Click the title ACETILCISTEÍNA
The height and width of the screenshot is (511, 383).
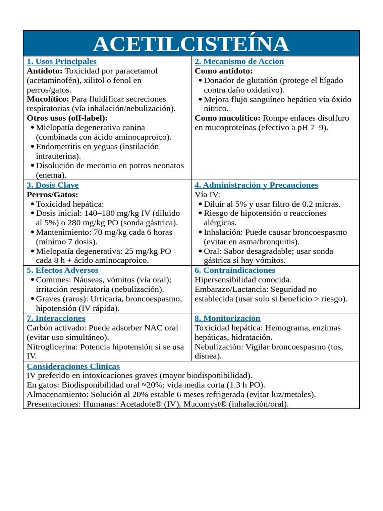(191, 44)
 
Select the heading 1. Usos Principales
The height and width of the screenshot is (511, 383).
(61, 61)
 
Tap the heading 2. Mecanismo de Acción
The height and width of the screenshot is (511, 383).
(239, 61)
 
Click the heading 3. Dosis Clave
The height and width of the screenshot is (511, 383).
(52, 185)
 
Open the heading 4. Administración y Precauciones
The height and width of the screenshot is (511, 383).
(256, 185)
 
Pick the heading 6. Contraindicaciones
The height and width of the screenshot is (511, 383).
(235, 270)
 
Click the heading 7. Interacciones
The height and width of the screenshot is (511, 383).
(56, 318)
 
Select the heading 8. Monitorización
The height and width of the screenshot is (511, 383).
(227, 318)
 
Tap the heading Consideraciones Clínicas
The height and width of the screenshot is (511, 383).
(73, 366)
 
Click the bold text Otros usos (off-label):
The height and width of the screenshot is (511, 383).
(67, 118)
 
